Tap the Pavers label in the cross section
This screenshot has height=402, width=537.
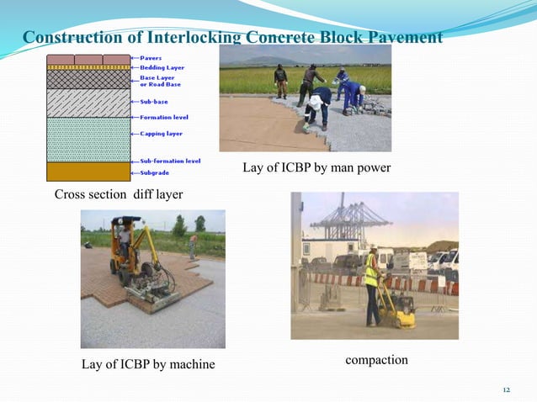(152, 58)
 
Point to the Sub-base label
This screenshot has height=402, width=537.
(153, 102)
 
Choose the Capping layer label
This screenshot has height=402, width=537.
(161, 133)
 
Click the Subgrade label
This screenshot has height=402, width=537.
(154, 172)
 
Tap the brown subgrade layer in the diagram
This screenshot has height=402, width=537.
(88, 172)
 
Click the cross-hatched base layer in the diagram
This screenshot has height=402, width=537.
(88, 79)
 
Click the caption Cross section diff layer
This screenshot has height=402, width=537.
(118, 195)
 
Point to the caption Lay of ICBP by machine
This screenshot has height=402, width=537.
(148, 364)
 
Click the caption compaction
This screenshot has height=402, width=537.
(376, 360)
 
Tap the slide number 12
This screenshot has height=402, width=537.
(506, 390)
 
